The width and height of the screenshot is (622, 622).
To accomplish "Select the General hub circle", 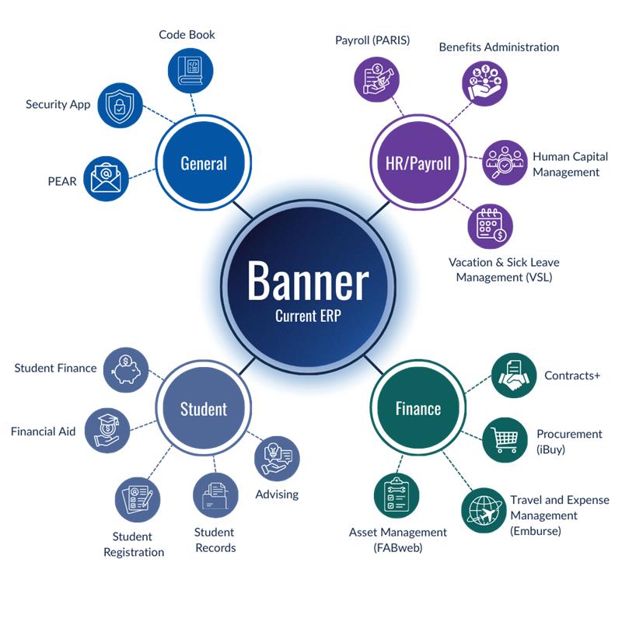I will click(x=204, y=163).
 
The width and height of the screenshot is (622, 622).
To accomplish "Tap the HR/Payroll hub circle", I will click(x=418, y=163).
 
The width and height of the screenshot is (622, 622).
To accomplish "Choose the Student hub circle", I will click(x=204, y=409).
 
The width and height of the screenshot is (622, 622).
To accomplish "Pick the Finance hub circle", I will click(x=418, y=409).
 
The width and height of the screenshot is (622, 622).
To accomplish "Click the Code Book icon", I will click(x=191, y=70).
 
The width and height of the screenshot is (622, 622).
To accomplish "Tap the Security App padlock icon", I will click(x=119, y=105).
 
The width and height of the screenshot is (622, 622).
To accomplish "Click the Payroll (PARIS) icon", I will click(x=378, y=79).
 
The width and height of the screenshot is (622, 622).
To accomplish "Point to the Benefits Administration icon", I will click(x=484, y=83).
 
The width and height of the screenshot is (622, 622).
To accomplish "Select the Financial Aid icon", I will click(x=107, y=430).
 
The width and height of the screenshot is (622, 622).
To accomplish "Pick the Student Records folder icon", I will click(x=215, y=495).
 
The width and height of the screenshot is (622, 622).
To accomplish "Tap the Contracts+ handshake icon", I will click(x=515, y=375).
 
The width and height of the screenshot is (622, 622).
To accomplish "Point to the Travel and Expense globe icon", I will click(x=484, y=510).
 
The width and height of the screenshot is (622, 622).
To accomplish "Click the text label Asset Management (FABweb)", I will click(x=397, y=540).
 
